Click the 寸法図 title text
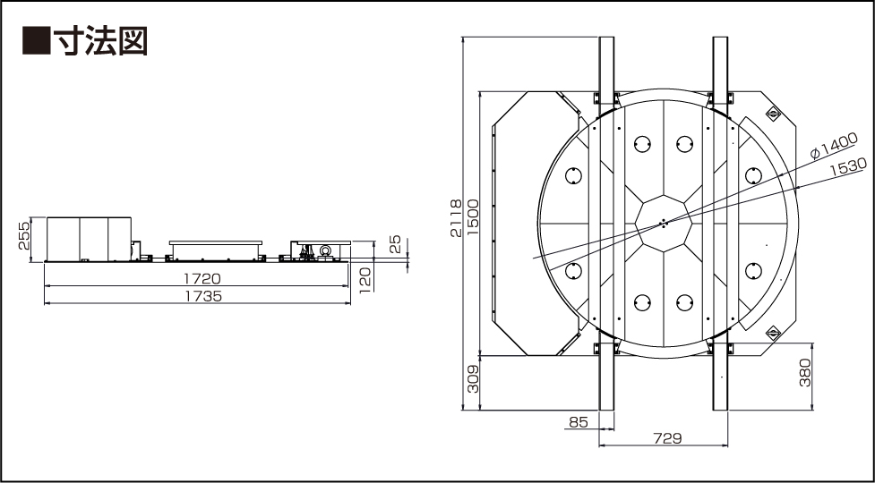100,40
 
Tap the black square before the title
37,40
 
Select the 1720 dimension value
202,278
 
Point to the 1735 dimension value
203,296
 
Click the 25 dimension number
395,244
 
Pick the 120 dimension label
365,279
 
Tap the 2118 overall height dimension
456,218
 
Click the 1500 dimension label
473,218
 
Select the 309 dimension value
473,379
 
